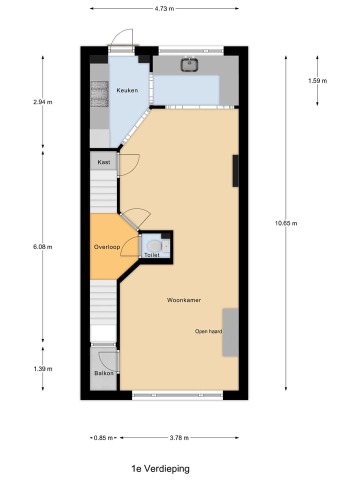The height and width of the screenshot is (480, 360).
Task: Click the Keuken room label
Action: pyautogui.click(x=127, y=90)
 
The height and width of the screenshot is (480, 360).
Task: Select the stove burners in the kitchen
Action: pyautogui.click(x=99, y=94)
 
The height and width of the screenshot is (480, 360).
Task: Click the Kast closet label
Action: pyautogui.click(x=104, y=162)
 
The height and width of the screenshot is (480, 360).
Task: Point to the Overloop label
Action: pyautogui.click(x=105, y=247)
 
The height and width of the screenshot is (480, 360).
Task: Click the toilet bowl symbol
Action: pyautogui.click(x=153, y=245)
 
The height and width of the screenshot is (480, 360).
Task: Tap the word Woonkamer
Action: pyautogui.click(x=184, y=300)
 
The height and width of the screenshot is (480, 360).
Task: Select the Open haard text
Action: pyautogui.click(x=208, y=331)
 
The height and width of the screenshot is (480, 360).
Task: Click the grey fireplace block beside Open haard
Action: pyautogui.click(x=230, y=332)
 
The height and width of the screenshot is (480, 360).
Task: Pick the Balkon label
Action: pyautogui.click(x=104, y=373)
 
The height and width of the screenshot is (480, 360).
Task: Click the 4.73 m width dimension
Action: pyautogui.click(x=164, y=8)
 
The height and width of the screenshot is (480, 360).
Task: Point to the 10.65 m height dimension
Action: pyautogui.click(x=286, y=223)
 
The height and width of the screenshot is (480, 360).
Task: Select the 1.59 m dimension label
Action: pyautogui.click(x=317, y=81)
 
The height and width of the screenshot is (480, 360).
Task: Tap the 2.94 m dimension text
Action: pyautogui.click(x=42, y=102)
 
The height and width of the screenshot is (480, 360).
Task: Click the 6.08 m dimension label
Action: pyautogui.click(x=42, y=247)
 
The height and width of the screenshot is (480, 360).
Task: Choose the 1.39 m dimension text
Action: pyautogui.click(x=42, y=369)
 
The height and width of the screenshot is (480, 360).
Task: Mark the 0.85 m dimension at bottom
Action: pyautogui.click(x=103, y=438)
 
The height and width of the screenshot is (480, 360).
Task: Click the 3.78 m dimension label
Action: pyautogui.click(x=178, y=438)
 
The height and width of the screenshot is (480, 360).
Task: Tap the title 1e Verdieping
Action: pyautogui.click(x=160, y=468)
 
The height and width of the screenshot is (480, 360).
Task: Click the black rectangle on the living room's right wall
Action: pyautogui.click(x=235, y=171)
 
